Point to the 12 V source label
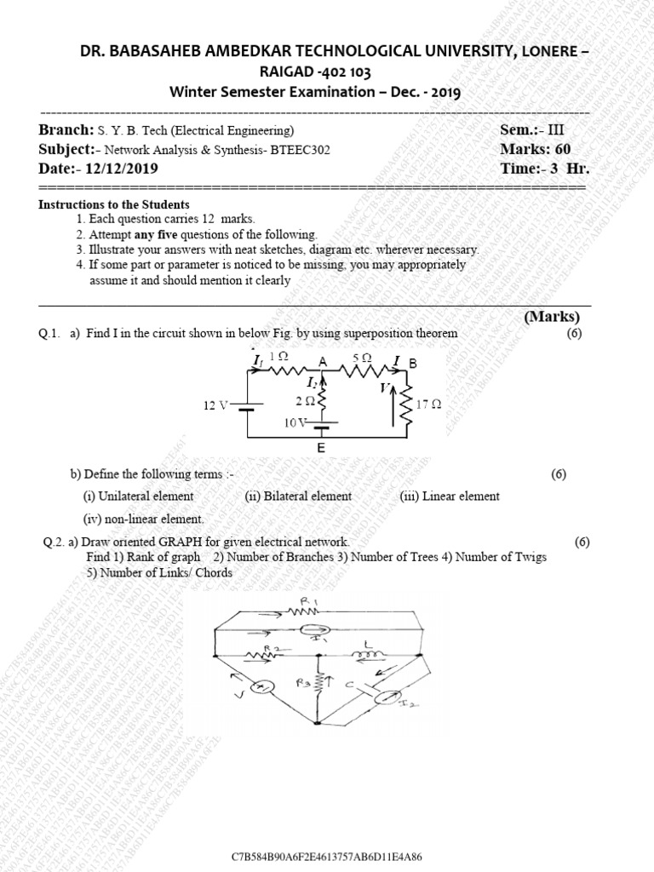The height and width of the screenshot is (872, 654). click(215, 405)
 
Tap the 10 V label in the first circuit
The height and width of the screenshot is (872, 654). click(297, 422)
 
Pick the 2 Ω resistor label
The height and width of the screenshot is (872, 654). click(304, 399)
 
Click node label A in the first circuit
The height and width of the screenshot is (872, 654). click(324, 363)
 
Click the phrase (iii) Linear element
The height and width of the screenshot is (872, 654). click(450, 496)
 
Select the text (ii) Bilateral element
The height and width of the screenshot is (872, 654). click(298, 496)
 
